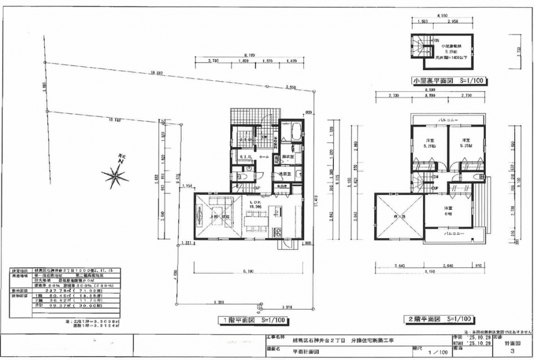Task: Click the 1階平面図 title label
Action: click(x=253, y=320)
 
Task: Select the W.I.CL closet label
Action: click(x=246, y=156)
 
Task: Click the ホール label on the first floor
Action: click(x=264, y=158)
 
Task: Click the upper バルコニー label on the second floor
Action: click(x=447, y=120)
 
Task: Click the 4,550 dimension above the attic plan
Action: click(x=442, y=16)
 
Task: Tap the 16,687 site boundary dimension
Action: click(x=156, y=73)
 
